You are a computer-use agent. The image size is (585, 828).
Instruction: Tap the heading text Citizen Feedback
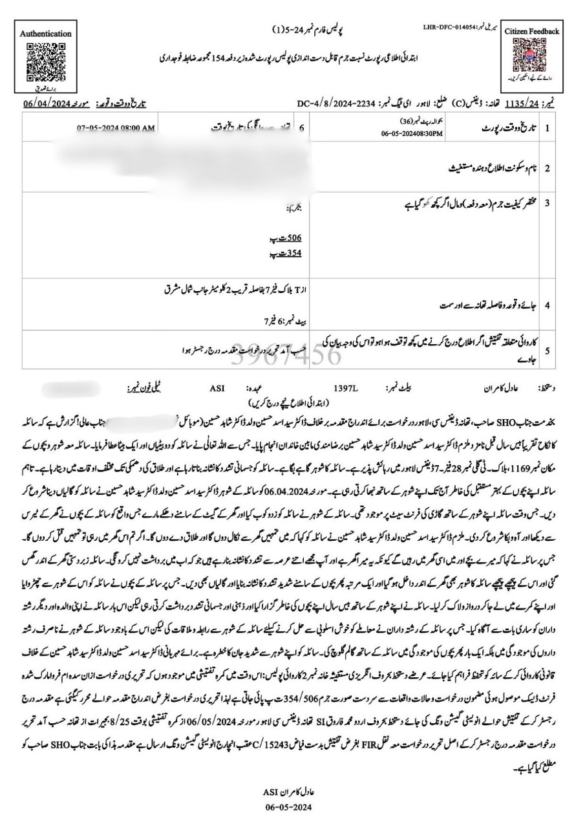(x=531, y=32)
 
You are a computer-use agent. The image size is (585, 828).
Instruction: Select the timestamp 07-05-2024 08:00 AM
(x=116, y=128)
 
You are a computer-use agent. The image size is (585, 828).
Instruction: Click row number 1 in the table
(x=547, y=128)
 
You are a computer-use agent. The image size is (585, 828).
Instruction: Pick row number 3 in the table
(x=547, y=203)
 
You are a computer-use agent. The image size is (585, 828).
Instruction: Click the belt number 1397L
(x=345, y=391)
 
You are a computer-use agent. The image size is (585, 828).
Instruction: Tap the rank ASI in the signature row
(x=217, y=391)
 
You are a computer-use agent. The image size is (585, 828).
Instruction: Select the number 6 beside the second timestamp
(x=302, y=128)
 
